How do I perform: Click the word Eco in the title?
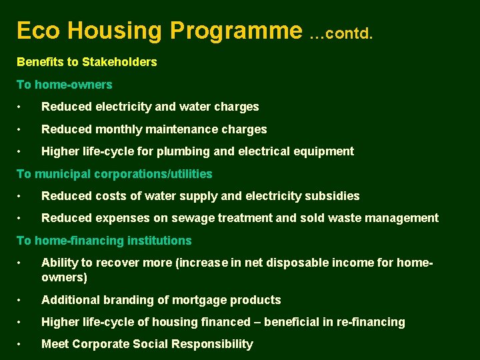click(x=38, y=31)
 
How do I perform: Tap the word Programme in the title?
click(x=236, y=31)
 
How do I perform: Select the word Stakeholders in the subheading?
click(x=119, y=62)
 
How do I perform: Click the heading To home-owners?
click(x=64, y=85)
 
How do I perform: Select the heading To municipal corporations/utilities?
click(x=114, y=174)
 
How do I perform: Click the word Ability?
click(x=59, y=263)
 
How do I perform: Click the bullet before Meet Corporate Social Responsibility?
click(x=21, y=345)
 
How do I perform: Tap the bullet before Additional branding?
click(x=21, y=301)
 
